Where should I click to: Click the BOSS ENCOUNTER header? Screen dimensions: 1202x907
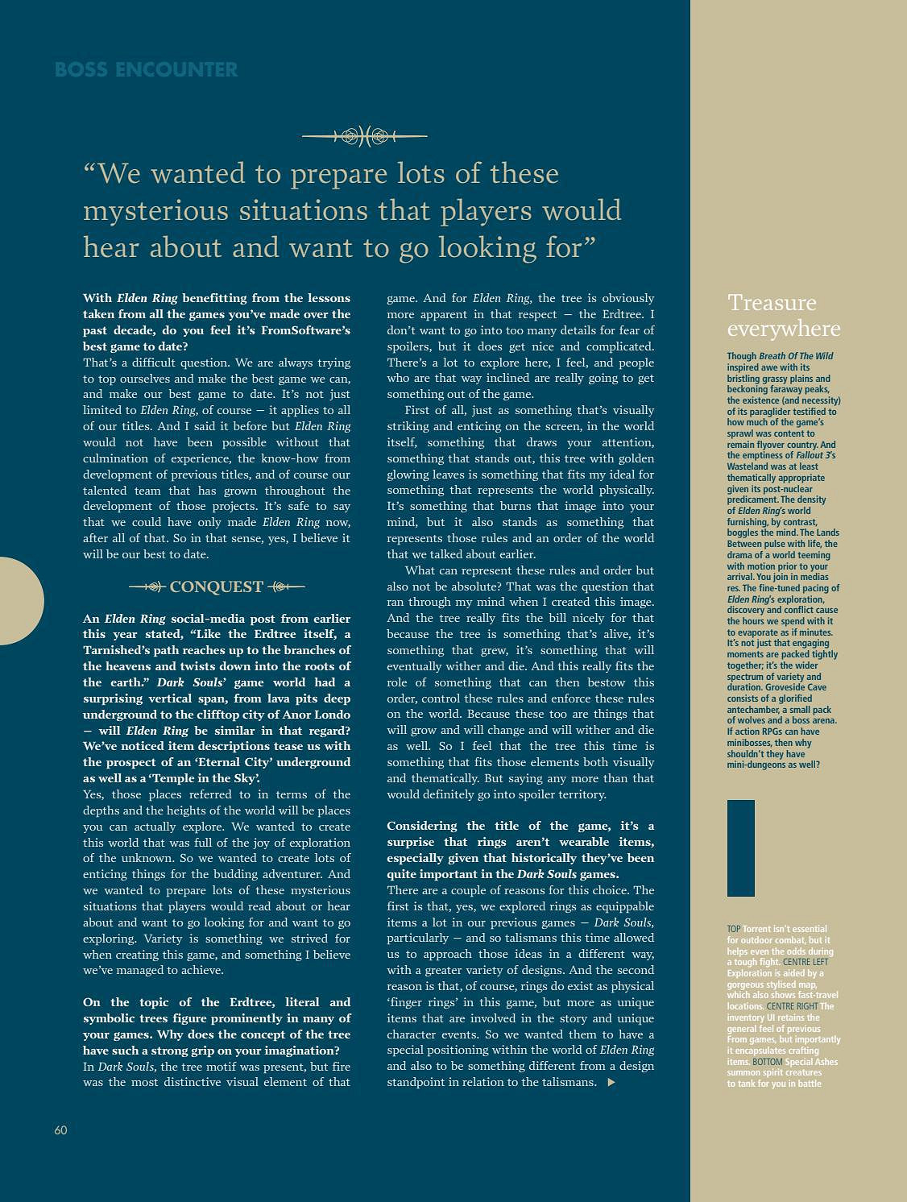[x=146, y=70]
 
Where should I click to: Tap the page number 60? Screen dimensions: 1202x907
[x=60, y=1129]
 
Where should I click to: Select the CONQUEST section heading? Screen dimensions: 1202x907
[x=216, y=586]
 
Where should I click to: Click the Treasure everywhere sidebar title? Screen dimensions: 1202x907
[x=783, y=315]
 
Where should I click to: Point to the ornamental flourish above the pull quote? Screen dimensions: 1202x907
[x=364, y=136]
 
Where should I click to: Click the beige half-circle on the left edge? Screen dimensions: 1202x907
[x=19, y=600]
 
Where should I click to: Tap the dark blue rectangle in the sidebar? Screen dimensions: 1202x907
[x=740, y=848]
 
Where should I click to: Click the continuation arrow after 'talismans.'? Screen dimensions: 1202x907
[x=611, y=1082]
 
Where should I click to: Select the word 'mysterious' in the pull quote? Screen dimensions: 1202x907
[x=156, y=210]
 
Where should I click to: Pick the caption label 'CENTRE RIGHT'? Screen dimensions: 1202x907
[x=792, y=1006]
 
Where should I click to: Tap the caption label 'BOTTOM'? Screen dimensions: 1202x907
[x=767, y=1062]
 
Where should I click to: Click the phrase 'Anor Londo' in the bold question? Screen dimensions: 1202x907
[x=318, y=715]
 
